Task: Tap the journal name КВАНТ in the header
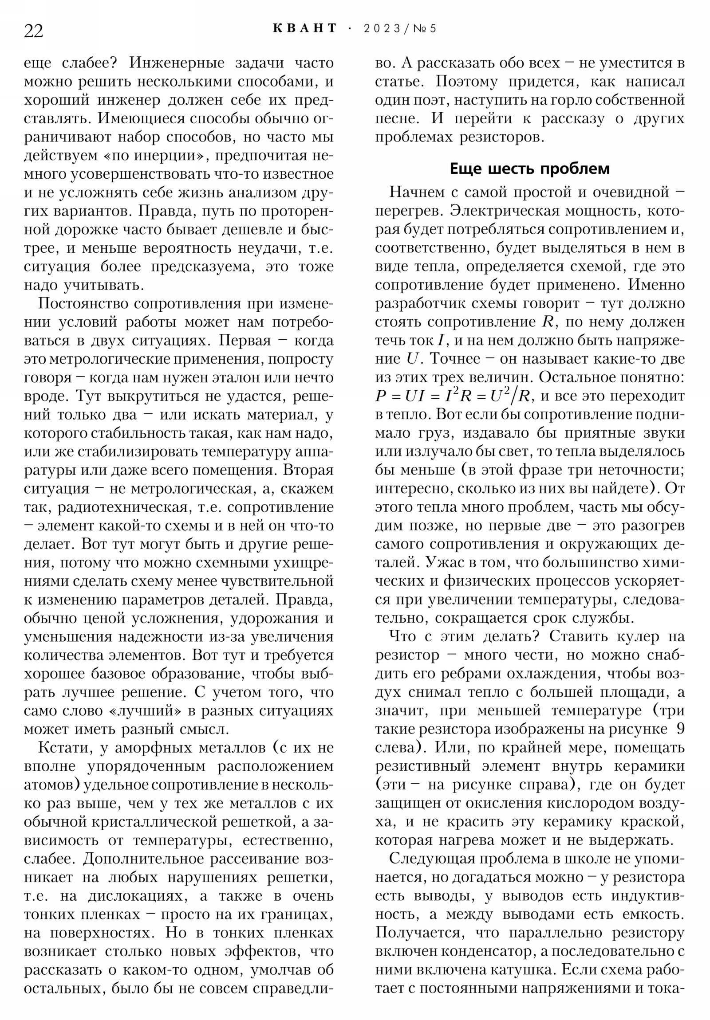[x=305, y=28]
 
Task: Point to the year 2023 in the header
[x=382, y=29]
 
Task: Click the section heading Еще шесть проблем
[x=529, y=169]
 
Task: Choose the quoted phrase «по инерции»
[x=146, y=156]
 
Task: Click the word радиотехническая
[x=136, y=507]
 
